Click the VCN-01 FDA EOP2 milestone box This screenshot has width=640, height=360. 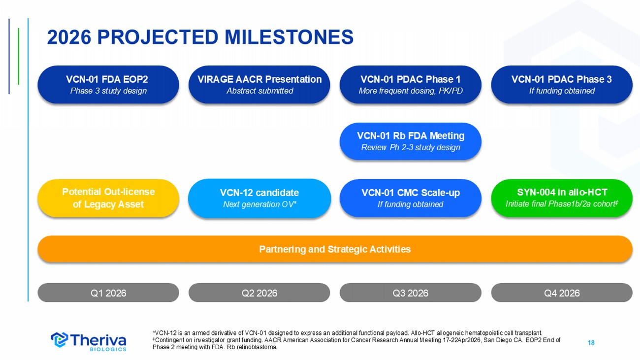[x=108, y=85]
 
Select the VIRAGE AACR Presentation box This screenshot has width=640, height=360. [x=259, y=85]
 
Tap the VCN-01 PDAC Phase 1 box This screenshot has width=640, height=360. [x=410, y=85]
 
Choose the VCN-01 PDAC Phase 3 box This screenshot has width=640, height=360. [x=562, y=85]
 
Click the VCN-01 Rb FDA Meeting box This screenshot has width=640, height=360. [x=410, y=141]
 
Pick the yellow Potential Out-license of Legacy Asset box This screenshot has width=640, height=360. [x=108, y=198]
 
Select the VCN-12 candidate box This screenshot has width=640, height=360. [x=259, y=198]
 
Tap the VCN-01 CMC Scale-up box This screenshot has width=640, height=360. [x=410, y=198]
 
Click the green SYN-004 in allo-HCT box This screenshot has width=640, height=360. [x=562, y=198]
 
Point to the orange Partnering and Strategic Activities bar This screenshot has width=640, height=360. [x=335, y=249]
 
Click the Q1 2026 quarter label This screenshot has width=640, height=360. [x=108, y=293]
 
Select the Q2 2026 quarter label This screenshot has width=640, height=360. [x=259, y=293]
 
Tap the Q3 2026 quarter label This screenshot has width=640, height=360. [x=410, y=293]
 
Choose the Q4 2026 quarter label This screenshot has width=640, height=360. [x=562, y=293]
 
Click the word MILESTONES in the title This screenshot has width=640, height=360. [x=289, y=37]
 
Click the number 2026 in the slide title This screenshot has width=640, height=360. [x=69, y=37]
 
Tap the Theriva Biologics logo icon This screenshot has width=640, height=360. [x=60, y=340]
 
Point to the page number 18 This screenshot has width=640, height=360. [x=591, y=343]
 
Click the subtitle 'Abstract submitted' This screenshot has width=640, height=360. [x=260, y=91]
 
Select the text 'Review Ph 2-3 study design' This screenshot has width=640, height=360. [x=411, y=147]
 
